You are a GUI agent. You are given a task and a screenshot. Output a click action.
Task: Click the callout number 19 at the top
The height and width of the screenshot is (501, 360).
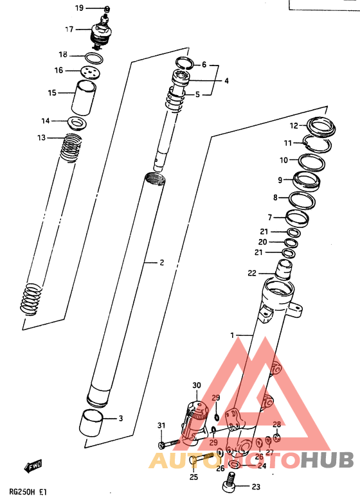(x=79, y=8)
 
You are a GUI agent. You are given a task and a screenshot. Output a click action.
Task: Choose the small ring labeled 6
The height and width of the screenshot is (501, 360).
(x=184, y=63)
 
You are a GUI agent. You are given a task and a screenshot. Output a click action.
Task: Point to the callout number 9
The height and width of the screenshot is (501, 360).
(x=280, y=179)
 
